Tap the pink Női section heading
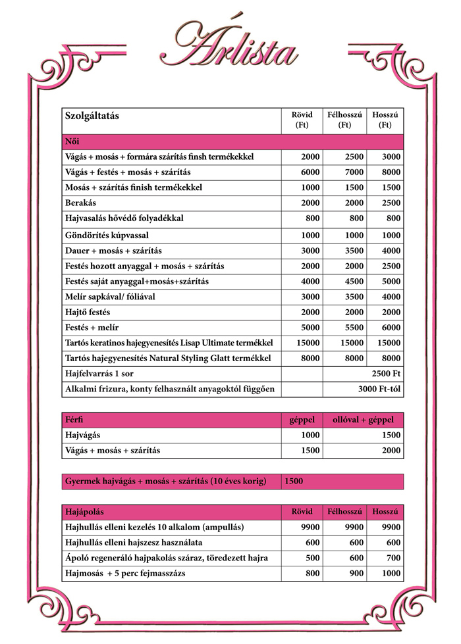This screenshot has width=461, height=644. tap(72, 141)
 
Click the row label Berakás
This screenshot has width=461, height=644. tap(80, 203)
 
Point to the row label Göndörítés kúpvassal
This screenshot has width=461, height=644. tap(107, 235)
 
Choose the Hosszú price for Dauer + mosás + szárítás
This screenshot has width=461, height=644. tap(391, 251)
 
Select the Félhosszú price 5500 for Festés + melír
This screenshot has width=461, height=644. tap(353, 328)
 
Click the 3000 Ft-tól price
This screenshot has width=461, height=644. tap(379, 389)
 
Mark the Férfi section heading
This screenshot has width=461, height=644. tap(74, 420)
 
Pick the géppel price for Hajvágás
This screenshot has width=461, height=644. tap(310, 435)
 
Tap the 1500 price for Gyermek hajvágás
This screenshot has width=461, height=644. tap(294, 482)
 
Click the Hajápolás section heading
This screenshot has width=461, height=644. tap(85, 512)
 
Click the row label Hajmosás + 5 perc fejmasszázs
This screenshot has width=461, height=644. tap(125, 574)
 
